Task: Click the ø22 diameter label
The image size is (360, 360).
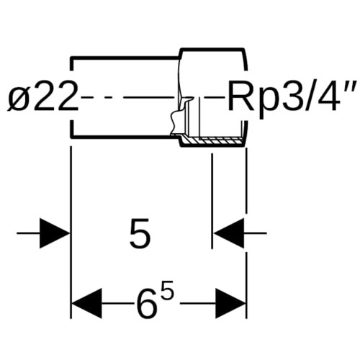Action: coord(43,96)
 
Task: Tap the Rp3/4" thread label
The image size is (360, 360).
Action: coord(293,97)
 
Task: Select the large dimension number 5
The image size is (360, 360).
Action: coord(140,233)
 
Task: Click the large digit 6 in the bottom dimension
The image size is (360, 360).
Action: coord(147,303)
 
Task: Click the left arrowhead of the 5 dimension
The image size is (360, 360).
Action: coord(55,233)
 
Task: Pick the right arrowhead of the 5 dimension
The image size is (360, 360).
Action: coord(229,233)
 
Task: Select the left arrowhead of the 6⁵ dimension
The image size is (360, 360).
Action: coord(87,303)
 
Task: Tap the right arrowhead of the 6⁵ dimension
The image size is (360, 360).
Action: coord(230,303)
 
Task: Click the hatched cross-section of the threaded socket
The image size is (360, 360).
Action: coord(211,141)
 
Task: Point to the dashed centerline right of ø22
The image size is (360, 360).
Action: coord(127,97)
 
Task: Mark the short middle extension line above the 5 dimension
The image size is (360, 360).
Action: coord(212,201)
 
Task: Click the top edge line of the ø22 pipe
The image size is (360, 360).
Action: coord(125,58)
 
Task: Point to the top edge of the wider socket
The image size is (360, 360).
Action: coord(213,50)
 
